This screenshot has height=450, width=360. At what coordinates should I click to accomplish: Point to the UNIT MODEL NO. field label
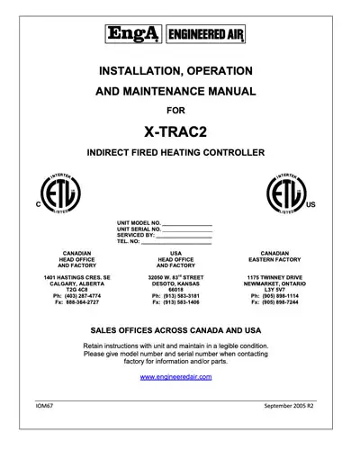click(139, 222)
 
